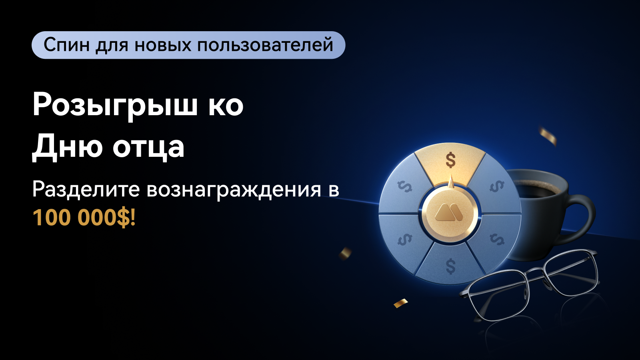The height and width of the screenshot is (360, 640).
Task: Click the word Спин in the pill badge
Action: [66, 45]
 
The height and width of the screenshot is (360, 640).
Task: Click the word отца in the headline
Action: [148, 148]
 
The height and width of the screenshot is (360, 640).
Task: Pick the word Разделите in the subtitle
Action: [86, 189]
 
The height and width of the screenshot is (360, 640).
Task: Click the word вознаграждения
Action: [234, 190]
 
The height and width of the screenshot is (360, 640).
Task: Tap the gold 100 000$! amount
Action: [84, 218]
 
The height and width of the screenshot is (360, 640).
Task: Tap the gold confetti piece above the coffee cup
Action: [548, 136]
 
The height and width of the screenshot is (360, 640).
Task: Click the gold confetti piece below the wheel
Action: [400, 303]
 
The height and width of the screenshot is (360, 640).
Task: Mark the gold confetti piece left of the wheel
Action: [345, 253]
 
